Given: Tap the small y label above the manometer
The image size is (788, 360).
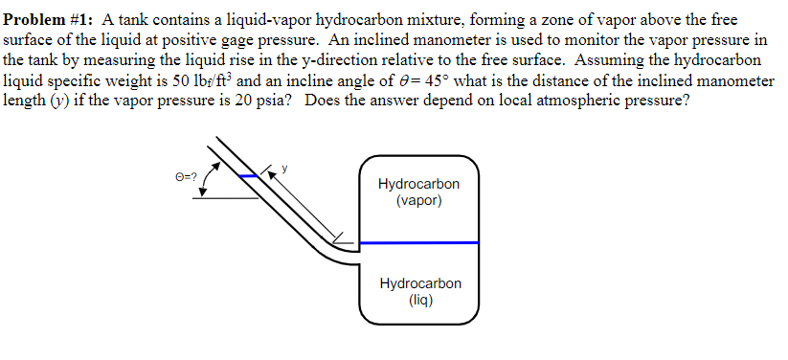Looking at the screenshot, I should tap(284, 169).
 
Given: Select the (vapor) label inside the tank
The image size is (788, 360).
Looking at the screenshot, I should tap(418, 202).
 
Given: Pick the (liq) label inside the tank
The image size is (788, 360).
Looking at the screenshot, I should tap(419, 301).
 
